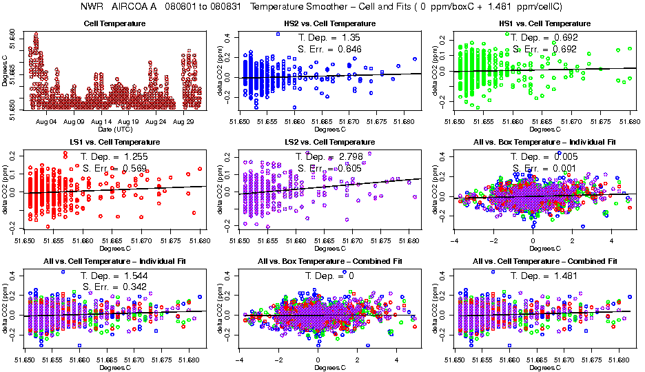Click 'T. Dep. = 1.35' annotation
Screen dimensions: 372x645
(327, 37)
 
